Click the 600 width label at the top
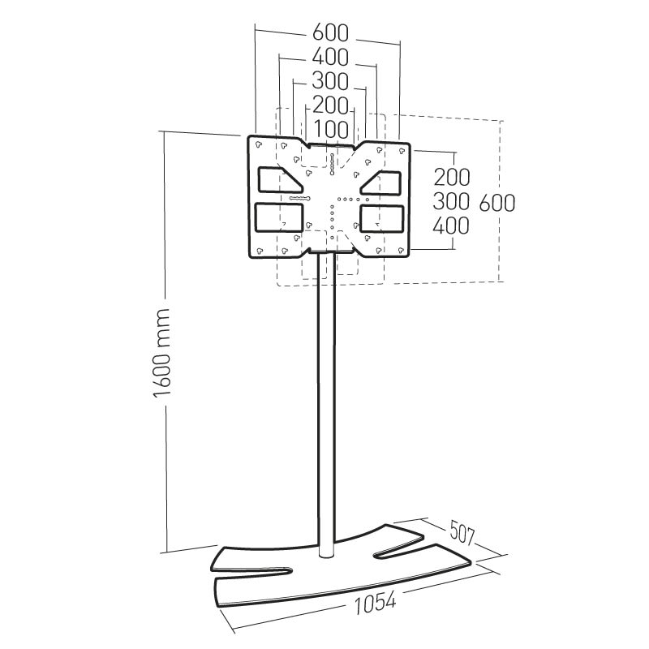[329, 33]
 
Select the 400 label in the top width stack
[329, 58]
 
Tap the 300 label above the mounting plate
[329, 82]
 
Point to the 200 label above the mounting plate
[329, 105]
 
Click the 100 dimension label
[329, 129]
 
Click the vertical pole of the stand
[326, 406]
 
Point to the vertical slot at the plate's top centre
[332, 162]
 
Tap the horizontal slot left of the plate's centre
[299, 198]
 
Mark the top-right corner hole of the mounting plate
[401, 148]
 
